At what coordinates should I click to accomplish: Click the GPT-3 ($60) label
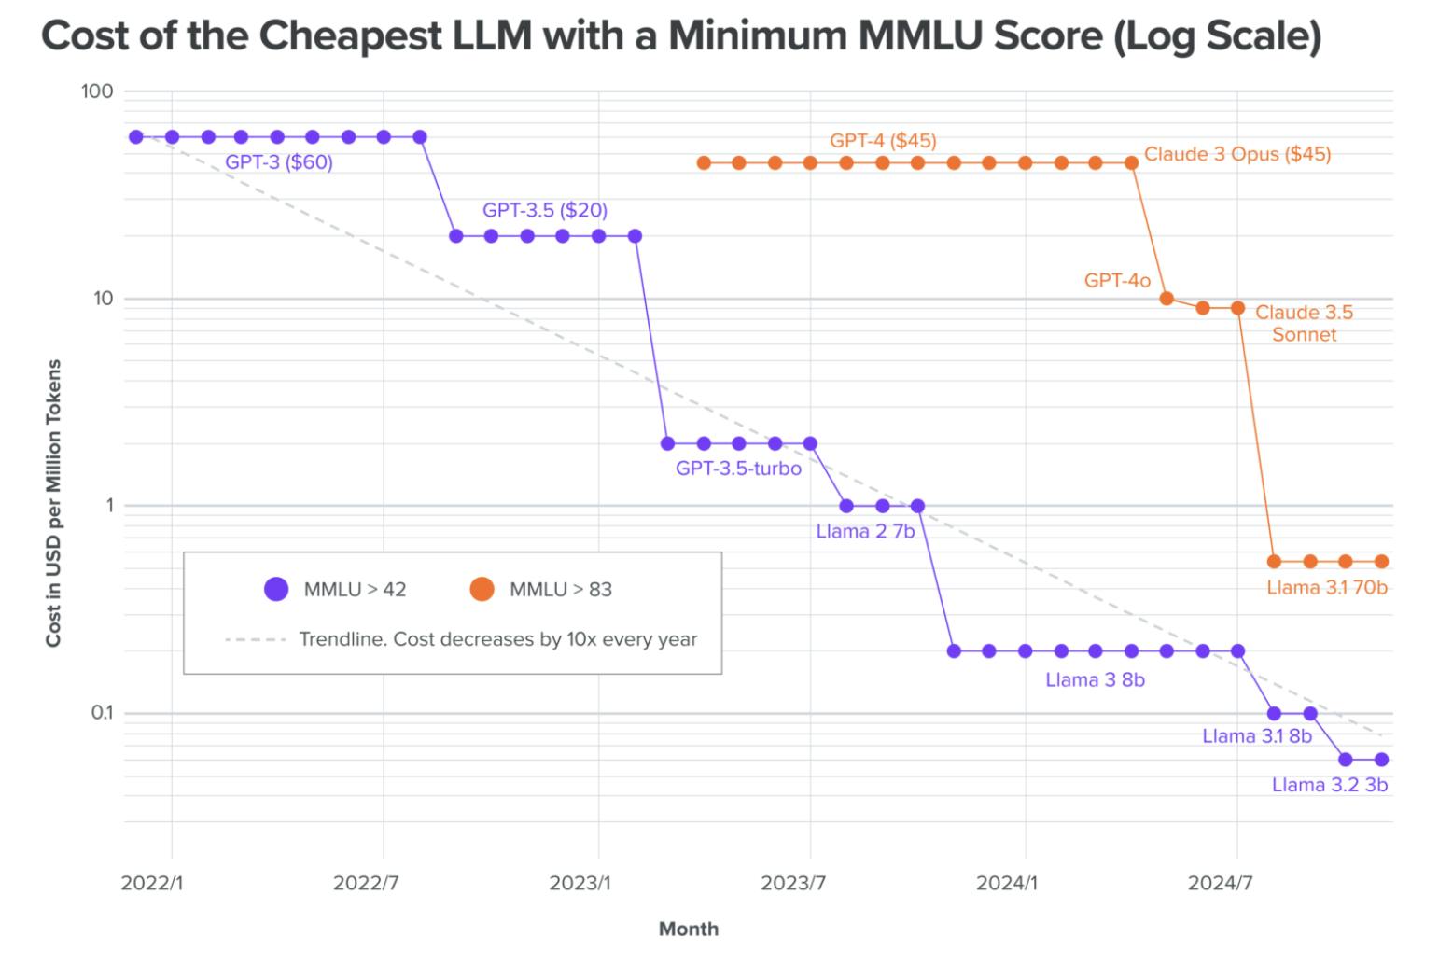point(279,162)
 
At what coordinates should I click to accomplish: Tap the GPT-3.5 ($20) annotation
point(544,210)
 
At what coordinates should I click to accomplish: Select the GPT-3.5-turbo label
point(738,469)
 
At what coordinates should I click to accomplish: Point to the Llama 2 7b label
point(865,532)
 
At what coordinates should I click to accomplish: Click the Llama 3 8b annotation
point(1095,680)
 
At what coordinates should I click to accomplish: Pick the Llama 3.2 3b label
point(1329,785)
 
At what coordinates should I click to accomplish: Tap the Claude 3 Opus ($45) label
point(1237,154)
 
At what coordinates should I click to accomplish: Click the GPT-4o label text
point(1117,280)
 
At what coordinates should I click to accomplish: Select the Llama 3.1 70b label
point(1326,588)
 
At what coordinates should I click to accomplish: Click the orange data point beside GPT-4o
point(1167,299)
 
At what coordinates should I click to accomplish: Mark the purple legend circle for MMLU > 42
point(276,589)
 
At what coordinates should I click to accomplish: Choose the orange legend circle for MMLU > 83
point(482,589)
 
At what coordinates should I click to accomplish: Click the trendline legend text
point(497,639)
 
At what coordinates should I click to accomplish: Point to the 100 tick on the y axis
point(97,91)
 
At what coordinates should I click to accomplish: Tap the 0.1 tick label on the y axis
point(101,713)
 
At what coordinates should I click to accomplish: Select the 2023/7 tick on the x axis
point(793,883)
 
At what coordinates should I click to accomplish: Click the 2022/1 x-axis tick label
point(152,883)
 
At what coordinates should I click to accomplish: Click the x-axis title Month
point(689,929)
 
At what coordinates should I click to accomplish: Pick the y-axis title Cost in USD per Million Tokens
point(54,503)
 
